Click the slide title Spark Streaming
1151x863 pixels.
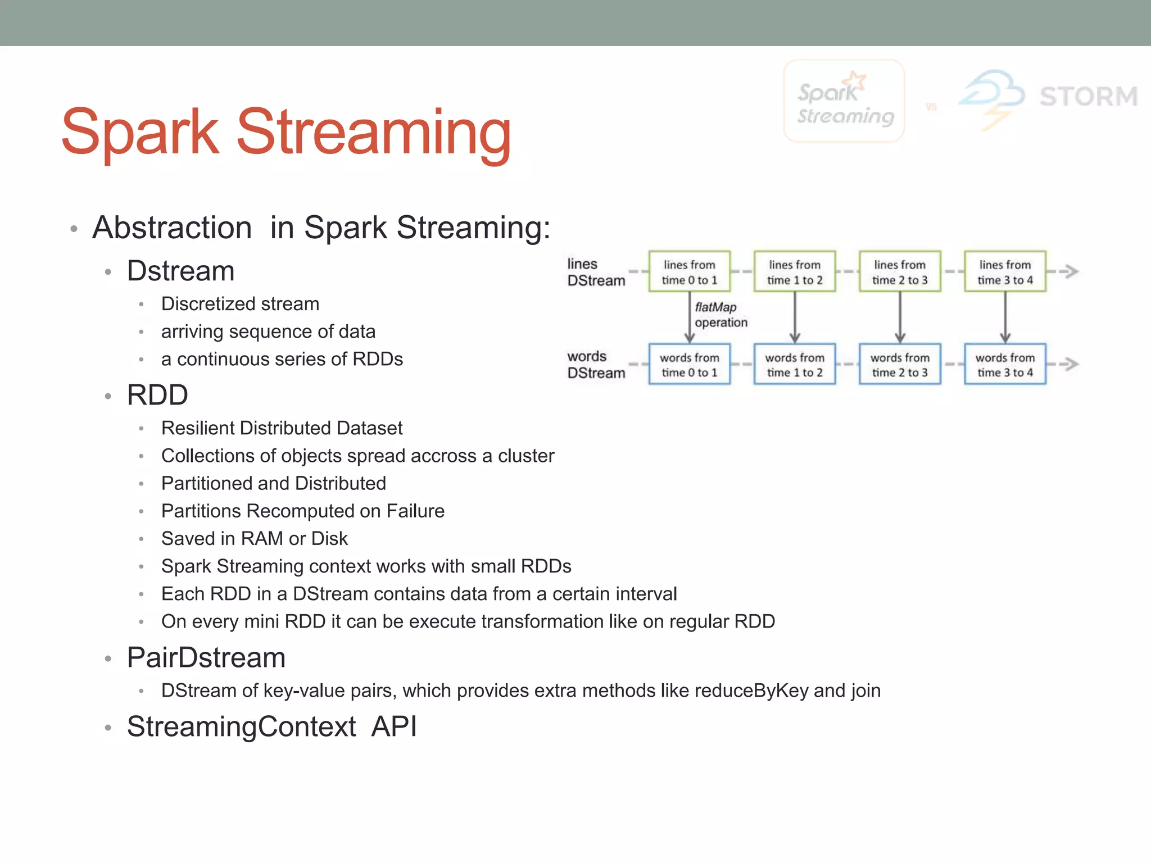[286, 133]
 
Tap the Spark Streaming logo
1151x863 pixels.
[844, 101]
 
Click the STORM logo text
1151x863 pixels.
[1088, 97]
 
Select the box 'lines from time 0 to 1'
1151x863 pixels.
[689, 272]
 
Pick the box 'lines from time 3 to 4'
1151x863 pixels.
[1005, 272]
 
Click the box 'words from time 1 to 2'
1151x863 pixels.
[794, 365]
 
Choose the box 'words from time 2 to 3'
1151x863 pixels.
[899, 365]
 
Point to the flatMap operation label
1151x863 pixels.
[720, 315]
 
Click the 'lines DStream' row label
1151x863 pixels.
[595, 272]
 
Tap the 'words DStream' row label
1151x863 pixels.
[595, 365]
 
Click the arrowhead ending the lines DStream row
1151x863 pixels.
[1071, 272]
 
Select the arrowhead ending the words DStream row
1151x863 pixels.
[1071, 364]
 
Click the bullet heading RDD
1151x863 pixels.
[157, 395]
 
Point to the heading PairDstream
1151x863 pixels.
[206, 658]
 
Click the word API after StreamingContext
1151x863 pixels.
[394, 726]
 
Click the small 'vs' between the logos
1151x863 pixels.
[931, 107]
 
